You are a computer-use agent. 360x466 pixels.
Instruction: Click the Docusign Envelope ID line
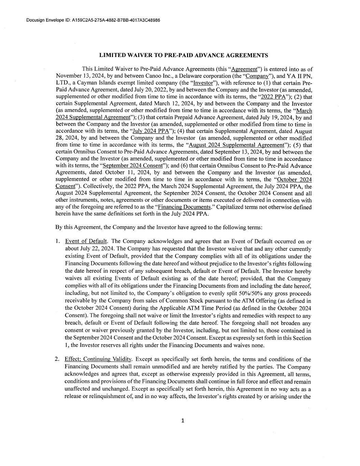pyautogui.click(x=93, y=20)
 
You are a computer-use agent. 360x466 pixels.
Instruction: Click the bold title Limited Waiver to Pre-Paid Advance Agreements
pyautogui.click(x=183, y=55)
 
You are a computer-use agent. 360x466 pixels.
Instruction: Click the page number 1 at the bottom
pyautogui.click(x=183, y=421)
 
